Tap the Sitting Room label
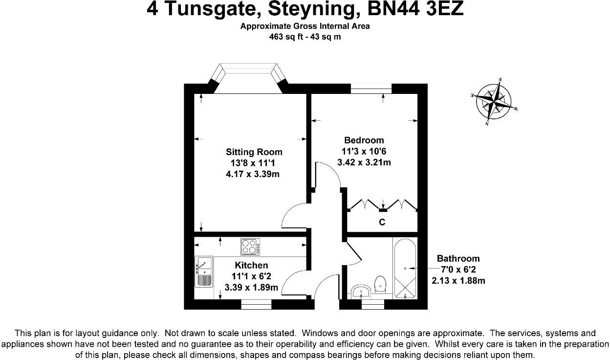click(254, 152)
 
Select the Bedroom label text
click(364, 140)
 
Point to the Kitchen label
click(251, 265)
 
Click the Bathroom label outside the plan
click(458, 258)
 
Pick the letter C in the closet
click(382, 223)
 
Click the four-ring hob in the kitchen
click(250, 246)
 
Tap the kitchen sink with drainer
click(204, 271)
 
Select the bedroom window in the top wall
click(371, 89)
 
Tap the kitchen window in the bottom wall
click(257, 305)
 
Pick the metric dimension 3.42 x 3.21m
click(364, 162)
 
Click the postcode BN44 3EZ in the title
click(421, 10)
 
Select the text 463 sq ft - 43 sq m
click(305, 37)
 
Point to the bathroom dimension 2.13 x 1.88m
click(458, 281)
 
